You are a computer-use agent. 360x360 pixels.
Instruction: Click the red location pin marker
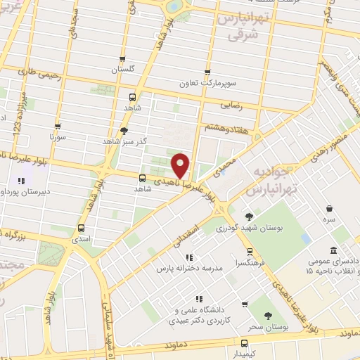181,165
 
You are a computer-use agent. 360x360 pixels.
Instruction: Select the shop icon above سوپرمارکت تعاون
207,72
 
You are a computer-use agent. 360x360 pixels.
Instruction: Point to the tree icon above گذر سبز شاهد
124,130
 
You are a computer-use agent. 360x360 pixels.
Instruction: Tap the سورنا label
57,139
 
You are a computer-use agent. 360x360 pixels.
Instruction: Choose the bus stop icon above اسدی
81,228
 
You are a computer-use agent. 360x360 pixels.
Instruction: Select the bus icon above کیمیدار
244,344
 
